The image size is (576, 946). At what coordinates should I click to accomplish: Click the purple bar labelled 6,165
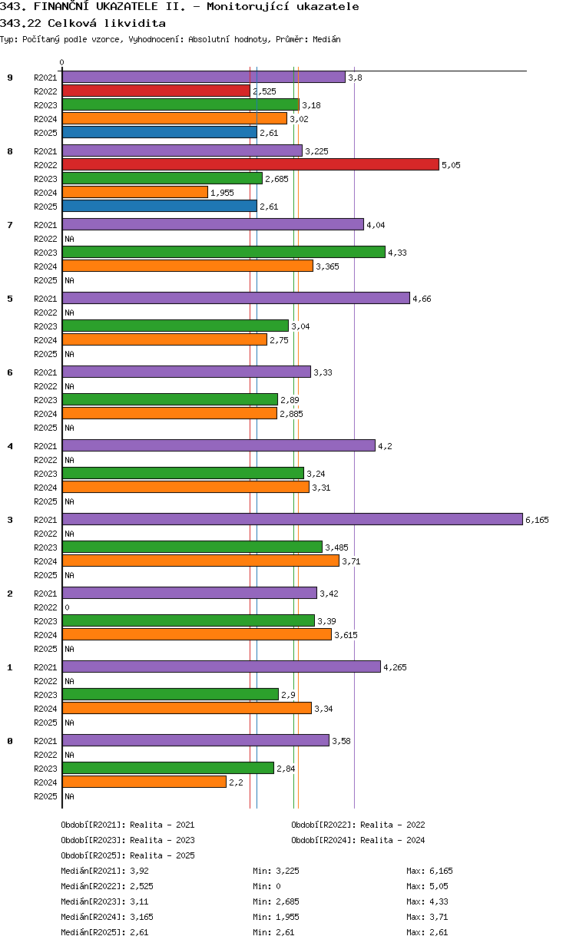click(x=292, y=519)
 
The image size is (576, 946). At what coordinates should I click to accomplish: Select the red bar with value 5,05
click(x=251, y=164)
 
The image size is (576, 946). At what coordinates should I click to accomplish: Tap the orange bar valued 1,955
click(x=135, y=192)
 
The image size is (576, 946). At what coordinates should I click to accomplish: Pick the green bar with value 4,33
click(x=223, y=252)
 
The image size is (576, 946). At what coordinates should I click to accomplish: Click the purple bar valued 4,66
click(x=236, y=298)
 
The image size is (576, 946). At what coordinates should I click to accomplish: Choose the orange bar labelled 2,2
click(x=144, y=782)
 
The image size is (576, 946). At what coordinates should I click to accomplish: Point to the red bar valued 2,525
click(x=156, y=91)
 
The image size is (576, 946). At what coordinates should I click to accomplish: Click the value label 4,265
click(x=395, y=667)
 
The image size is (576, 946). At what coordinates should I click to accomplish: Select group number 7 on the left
click(x=10, y=225)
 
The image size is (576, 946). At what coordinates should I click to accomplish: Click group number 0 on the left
click(x=10, y=741)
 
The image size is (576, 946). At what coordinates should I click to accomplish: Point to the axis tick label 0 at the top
click(x=62, y=63)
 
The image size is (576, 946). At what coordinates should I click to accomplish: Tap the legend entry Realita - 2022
click(x=392, y=825)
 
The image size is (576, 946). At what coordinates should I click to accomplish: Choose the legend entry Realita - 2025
click(x=162, y=855)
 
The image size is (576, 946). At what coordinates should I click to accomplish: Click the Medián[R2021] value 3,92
click(x=139, y=871)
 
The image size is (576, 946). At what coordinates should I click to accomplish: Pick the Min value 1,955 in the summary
click(x=286, y=917)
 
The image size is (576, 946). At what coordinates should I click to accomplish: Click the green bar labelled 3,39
click(x=188, y=620)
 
